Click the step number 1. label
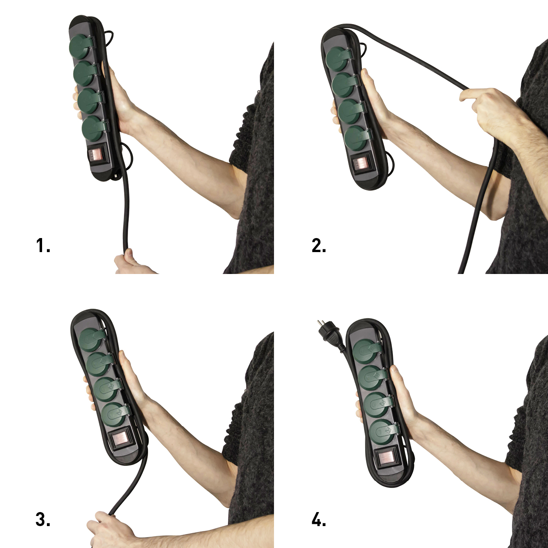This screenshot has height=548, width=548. tap(43, 246)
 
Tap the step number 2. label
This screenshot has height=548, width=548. tap(319, 246)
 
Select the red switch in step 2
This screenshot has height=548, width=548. tap(361, 164)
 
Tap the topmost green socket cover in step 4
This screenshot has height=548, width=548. tap(367, 352)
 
